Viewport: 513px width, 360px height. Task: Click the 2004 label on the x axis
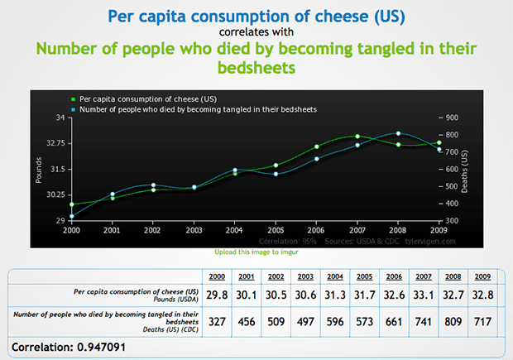click(234, 230)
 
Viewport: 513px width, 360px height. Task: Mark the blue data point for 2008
click(398, 133)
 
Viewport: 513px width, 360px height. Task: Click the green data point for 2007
click(357, 136)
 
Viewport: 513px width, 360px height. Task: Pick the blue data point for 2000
click(72, 217)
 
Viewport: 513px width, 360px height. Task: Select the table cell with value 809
click(453, 320)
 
